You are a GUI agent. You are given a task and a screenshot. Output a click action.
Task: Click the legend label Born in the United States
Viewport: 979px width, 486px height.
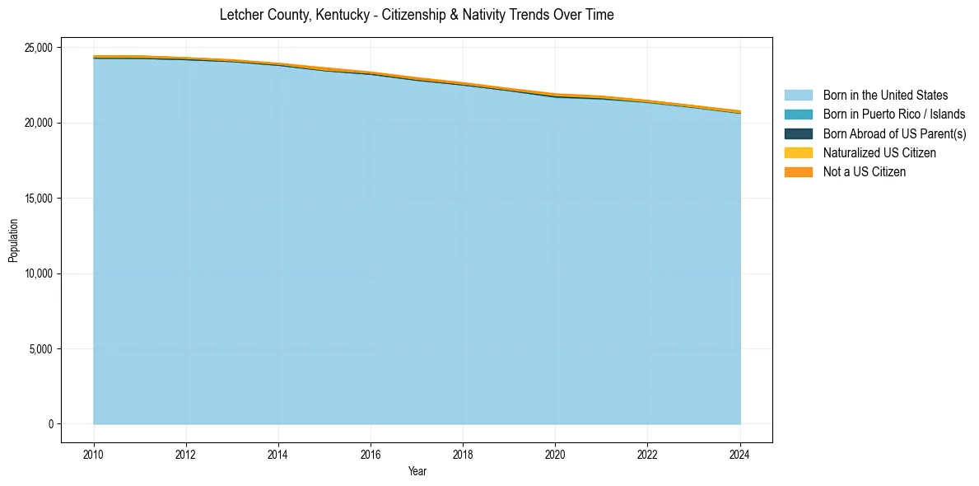click(x=885, y=96)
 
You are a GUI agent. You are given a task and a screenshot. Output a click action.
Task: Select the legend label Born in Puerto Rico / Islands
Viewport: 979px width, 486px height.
click(x=894, y=114)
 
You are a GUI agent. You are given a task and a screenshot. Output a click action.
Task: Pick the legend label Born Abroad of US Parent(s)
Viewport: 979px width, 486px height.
click(x=894, y=133)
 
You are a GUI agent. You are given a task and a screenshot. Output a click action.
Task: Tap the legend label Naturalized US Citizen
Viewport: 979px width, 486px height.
click(x=879, y=152)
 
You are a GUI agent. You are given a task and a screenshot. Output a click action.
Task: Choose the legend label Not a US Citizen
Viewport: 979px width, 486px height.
click(x=865, y=171)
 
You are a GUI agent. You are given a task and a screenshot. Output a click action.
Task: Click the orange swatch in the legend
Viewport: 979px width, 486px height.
click(x=798, y=171)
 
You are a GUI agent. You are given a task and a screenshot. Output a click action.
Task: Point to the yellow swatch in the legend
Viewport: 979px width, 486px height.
click(x=798, y=152)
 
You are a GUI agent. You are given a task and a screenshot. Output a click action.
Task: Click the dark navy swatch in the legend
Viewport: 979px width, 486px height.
click(x=798, y=133)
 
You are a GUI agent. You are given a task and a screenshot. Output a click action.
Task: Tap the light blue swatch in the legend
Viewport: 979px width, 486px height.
click(x=798, y=96)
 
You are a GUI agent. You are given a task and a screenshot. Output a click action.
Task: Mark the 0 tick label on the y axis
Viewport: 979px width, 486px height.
click(x=50, y=424)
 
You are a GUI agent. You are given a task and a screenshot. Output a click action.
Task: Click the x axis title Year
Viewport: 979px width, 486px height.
click(x=417, y=471)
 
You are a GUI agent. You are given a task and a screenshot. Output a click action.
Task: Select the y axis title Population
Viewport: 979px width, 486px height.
click(x=13, y=241)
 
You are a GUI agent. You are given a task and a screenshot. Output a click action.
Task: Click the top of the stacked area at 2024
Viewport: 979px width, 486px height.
click(x=740, y=111)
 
